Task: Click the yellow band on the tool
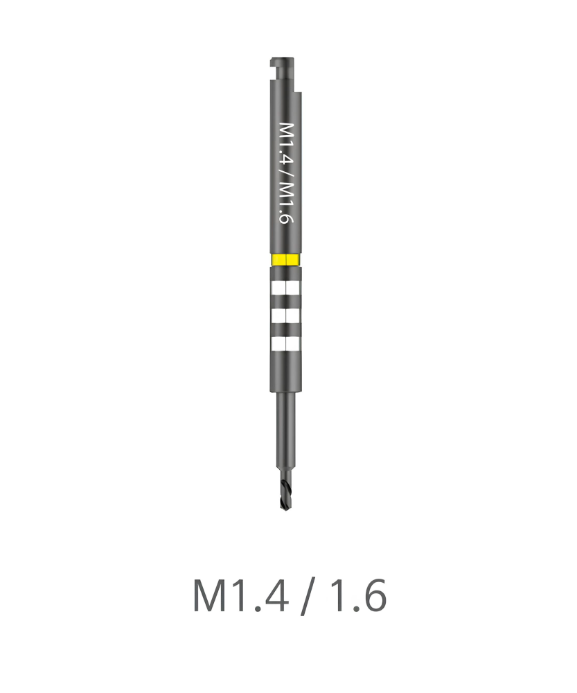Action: point(286,259)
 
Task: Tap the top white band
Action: point(286,288)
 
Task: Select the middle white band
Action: point(286,317)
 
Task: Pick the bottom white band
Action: point(286,344)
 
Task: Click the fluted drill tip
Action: point(286,495)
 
